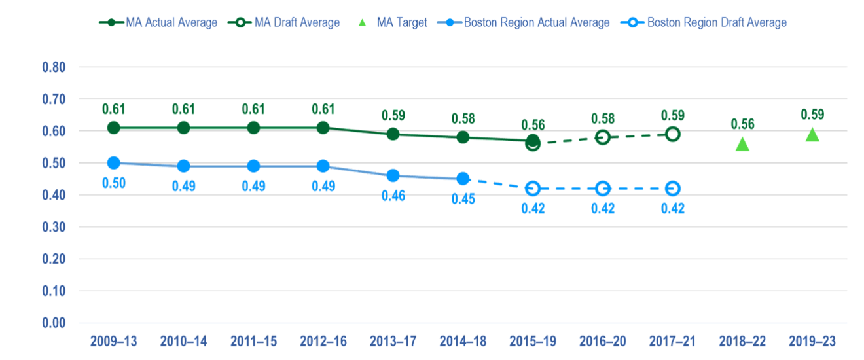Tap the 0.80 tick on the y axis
point(54,67)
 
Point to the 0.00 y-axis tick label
point(54,323)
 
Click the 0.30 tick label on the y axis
point(54,227)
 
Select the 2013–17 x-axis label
point(393,342)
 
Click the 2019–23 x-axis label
point(812,342)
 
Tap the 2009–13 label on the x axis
point(114,342)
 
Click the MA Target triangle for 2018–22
point(742,145)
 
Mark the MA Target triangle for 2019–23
point(812,135)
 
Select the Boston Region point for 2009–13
point(114,163)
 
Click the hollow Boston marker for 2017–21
point(672,189)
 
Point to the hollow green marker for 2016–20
point(603,137)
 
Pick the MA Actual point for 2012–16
point(323,128)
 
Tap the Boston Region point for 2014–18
point(463,179)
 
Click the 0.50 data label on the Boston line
point(114,183)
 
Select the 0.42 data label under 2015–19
point(533,209)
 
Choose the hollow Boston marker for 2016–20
point(603,189)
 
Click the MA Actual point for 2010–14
point(184,128)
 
